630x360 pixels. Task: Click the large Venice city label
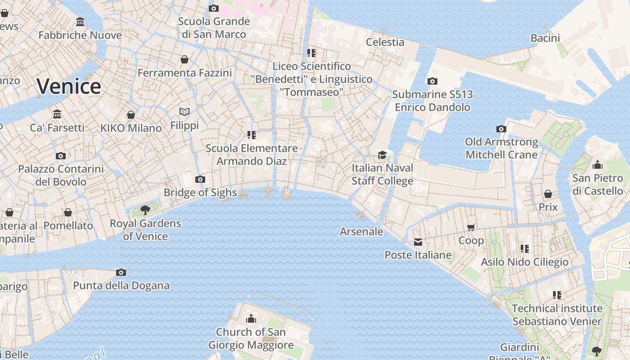(x=69, y=86)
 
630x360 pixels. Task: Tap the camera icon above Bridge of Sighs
(x=200, y=180)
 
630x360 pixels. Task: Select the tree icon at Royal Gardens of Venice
(x=145, y=209)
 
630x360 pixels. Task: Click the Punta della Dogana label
(x=121, y=285)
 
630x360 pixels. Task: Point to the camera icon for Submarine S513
(x=432, y=81)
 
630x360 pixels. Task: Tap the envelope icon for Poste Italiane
(x=418, y=242)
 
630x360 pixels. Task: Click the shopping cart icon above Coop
(x=471, y=227)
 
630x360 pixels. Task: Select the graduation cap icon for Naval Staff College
(x=382, y=155)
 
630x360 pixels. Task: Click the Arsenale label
(x=361, y=232)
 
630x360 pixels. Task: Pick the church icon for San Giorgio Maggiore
(x=251, y=319)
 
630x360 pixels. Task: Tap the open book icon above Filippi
(x=184, y=112)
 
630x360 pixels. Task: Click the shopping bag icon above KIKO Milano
(x=131, y=115)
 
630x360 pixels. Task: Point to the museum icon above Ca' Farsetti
(x=57, y=114)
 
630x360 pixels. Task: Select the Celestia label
(x=385, y=42)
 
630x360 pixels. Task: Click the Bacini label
(x=545, y=38)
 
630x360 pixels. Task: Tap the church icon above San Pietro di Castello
(x=598, y=165)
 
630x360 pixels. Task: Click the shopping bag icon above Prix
(x=548, y=194)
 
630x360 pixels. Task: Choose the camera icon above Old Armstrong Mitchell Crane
(x=501, y=129)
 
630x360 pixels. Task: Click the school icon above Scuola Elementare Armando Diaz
(x=252, y=135)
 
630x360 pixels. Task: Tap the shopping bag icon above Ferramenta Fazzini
(x=184, y=59)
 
